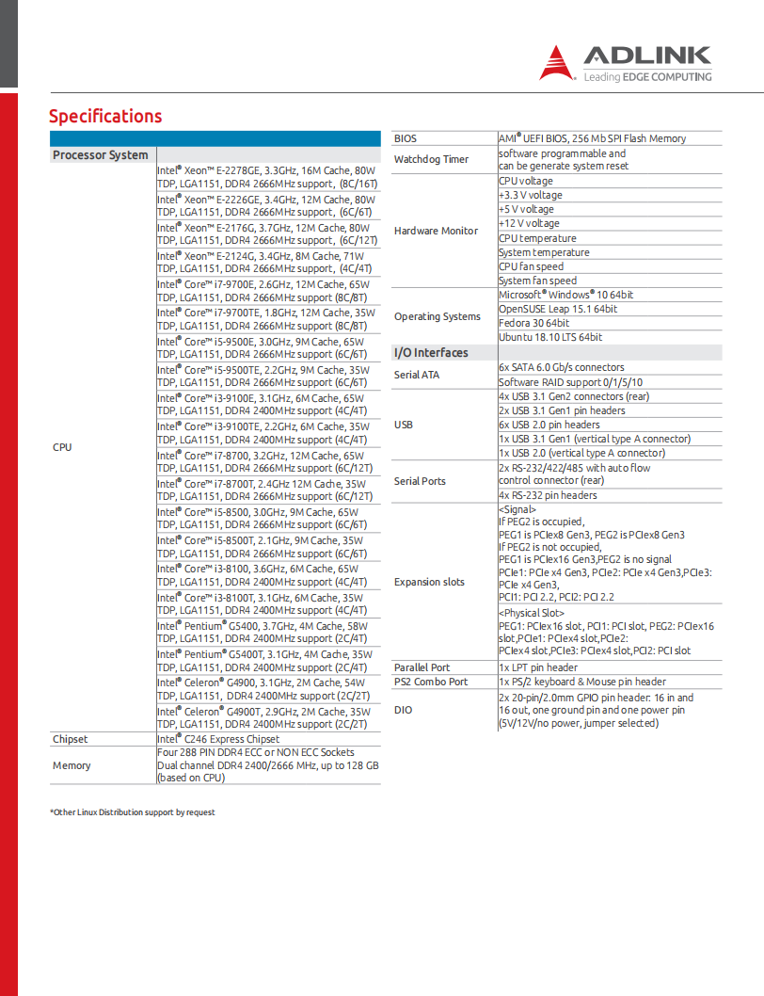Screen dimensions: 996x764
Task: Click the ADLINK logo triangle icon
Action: [558, 63]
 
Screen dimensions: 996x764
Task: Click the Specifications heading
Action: [105, 117]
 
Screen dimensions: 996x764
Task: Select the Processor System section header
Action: [101, 155]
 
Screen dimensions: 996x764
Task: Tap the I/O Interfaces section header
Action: [430, 353]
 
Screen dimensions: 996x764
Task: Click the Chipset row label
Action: [70, 740]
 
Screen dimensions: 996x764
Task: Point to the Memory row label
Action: [72, 765]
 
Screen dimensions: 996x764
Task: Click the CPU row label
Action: [62, 447]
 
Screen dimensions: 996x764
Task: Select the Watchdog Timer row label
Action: [431, 159]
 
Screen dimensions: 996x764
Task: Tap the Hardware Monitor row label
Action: [436, 231]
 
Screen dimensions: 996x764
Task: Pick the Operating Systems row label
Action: [438, 316]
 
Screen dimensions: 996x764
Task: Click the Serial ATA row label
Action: [417, 375]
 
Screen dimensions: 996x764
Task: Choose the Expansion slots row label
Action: [429, 582]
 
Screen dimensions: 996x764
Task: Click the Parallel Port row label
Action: [422, 667]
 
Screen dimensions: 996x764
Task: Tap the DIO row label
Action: [403, 710]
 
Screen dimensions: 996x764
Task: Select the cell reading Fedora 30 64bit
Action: [534, 323]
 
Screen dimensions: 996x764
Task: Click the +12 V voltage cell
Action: [529, 224]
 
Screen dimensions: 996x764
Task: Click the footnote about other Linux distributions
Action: [133, 812]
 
